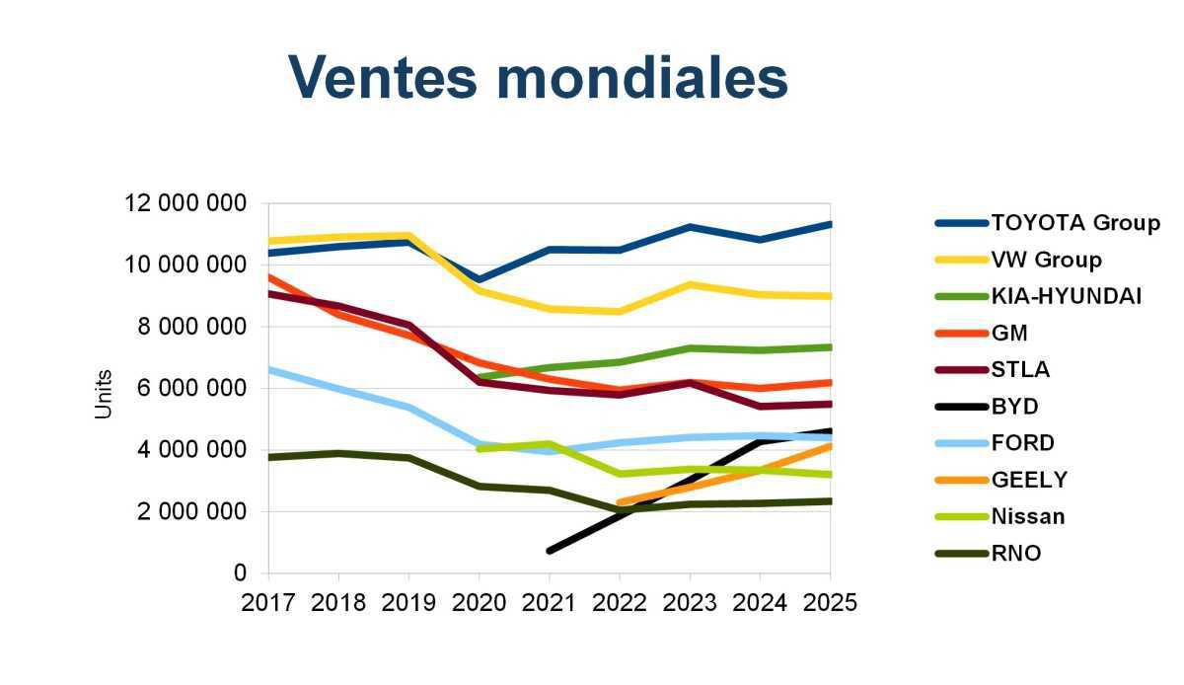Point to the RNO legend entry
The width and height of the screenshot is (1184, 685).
[1015, 553]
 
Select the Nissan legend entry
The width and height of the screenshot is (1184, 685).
[1027, 516]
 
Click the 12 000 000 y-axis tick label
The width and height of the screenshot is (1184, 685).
[185, 203]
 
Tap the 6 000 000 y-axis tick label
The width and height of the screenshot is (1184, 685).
[193, 388]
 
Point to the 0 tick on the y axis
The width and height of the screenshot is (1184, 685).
[240, 572]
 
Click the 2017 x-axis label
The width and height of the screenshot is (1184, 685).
[268, 602]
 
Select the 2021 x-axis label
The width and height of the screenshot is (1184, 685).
[550, 602]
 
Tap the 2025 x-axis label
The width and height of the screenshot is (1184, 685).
[830, 602]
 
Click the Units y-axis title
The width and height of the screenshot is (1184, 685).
[104, 394]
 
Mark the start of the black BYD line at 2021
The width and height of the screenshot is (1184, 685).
[550, 550]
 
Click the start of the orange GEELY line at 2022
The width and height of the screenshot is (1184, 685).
[620, 502]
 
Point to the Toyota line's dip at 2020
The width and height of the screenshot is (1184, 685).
[480, 279]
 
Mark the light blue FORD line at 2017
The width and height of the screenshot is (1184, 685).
[270, 369]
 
